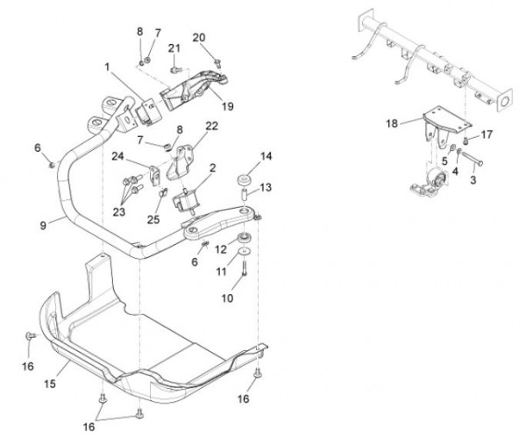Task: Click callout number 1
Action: [x=107, y=67]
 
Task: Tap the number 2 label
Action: [x=213, y=168]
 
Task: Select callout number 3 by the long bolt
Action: [x=473, y=180]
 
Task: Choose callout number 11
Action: [x=221, y=273]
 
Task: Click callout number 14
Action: [x=267, y=157]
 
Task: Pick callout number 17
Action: [x=487, y=134]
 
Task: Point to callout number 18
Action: [x=391, y=125]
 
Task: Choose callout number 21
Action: [x=174, y=47]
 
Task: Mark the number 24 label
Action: [x=117, y=156]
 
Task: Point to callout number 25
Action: [x=154, y=219]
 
